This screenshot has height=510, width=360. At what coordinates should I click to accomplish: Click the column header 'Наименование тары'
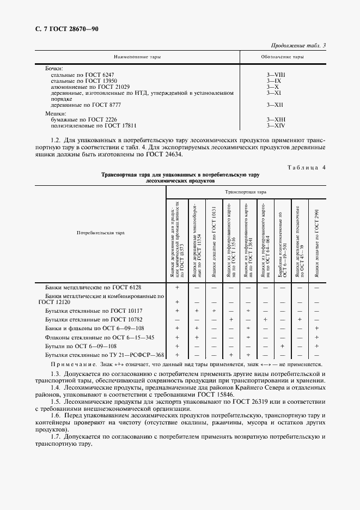[137, 57]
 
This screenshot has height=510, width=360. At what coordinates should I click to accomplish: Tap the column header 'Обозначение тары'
[282, 57]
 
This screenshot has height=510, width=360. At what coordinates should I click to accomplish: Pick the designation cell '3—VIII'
[276, 74]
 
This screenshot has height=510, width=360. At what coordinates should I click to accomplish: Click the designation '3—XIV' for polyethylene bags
[276, 125]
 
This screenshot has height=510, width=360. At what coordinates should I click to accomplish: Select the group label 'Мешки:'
[55, 113]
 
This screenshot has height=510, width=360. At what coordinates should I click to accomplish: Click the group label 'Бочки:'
[54, 68]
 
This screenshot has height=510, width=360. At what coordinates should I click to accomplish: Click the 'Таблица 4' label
[306, 167]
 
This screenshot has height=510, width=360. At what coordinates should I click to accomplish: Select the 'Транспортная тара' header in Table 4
[246, 192]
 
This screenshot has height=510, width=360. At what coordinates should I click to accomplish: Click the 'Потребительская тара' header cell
[101, 233]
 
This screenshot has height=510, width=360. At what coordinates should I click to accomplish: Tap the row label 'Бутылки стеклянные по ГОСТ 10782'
[94, 318]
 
